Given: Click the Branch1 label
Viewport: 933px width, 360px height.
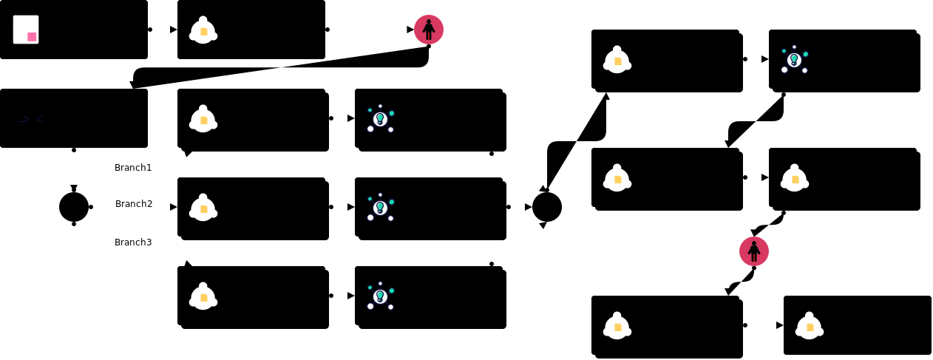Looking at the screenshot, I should coord(133,168).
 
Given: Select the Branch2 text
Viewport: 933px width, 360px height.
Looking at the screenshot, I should coord(134,204).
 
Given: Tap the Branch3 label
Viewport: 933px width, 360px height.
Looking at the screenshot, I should coord(133,242).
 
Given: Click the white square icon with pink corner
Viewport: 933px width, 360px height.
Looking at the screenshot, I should coord(26,30).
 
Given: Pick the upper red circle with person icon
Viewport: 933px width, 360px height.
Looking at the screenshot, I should coord(429,30).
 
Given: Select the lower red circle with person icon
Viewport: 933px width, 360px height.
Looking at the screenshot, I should coord(754,251).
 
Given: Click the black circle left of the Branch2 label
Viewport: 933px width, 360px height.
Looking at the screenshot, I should coord(74,207).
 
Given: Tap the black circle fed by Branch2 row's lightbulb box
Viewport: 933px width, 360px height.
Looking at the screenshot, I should coord(547,207).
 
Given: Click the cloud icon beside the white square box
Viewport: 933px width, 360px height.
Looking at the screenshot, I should coord(203,30).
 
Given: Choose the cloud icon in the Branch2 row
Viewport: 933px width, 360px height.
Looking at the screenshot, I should coord(203,208).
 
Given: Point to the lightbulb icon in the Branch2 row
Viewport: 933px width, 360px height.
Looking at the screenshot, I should coord(380,207).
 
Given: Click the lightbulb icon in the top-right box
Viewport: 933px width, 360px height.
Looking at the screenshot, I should coord(794,59).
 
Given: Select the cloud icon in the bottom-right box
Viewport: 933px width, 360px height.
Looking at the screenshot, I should coord(810,326).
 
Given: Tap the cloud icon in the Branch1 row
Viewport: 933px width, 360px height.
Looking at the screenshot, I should coord(203,119).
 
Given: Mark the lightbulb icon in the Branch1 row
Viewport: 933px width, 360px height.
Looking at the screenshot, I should coord(380,118).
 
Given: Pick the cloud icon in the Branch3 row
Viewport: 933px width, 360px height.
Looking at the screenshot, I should coord(203,296).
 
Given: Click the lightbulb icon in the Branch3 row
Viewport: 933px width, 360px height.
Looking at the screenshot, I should coord(380,296).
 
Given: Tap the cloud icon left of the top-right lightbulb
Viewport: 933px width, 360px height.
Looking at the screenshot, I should coord(617,60).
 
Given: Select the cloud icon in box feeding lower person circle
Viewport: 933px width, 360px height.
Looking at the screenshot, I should coord(795,178).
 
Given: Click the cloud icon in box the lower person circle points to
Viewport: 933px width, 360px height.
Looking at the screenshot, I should coord(617,326).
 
